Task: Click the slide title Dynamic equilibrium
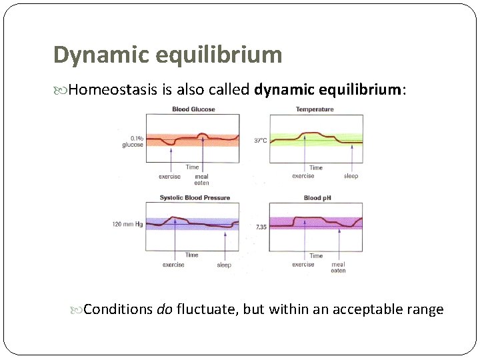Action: (167, 55)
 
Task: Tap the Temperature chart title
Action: (315, 109)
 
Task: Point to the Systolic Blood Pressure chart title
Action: (195, 197)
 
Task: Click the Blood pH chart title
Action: (317, 197)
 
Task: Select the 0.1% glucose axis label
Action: (132, 141)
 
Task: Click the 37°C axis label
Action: (261, 140)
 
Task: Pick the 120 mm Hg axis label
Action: (127, 225)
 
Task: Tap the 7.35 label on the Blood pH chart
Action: (262, 227)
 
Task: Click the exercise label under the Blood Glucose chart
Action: (170, 177)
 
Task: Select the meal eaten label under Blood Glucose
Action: (201, 179)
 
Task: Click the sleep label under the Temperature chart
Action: (351, 176)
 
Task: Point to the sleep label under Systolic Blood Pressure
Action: (224, 265)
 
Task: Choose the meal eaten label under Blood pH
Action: (338, 267)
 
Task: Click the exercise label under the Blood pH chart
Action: (303, 264)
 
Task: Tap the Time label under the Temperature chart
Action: (316, 167)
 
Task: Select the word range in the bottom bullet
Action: (426, 309)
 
